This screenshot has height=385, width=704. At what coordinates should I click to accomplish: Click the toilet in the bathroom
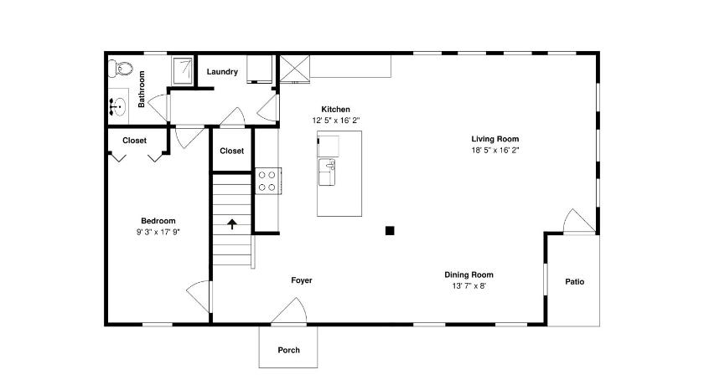(x=122, y=69)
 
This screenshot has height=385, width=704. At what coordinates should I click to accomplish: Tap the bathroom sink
(x=118, y=106)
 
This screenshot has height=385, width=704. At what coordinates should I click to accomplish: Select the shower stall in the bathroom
(x=184, y=70)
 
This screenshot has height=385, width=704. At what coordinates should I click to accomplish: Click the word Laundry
(x=222, y=72)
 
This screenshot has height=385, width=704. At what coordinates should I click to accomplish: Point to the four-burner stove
(x=268, y=181)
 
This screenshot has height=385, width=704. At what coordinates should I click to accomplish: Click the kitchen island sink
(x=327, y=172)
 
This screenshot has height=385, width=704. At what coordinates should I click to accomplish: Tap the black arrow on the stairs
(x=231, y=224)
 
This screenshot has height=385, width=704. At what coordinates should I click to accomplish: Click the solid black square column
(x=390, y=231)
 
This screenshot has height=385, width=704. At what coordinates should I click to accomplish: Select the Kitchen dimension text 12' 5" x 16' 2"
(x=336, y=121)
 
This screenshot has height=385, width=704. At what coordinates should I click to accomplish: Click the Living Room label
(x=494, y=139)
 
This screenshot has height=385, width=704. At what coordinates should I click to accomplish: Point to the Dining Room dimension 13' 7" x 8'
(x=468, y=286)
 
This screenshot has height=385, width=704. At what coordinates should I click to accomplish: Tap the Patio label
(x=575, y=281)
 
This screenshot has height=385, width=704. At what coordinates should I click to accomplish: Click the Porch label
(x=288, y=350)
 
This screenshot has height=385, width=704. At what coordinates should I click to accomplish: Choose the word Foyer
(x=301, y=280)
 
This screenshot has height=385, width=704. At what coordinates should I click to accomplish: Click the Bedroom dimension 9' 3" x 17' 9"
(x=158, y=232)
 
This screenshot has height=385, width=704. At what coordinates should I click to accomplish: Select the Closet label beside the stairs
(x=231, y=151)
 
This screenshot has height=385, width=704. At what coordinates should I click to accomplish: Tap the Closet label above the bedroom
(x=134, y=141)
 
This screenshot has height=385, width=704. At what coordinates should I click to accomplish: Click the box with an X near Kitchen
(x=294, y=69)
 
